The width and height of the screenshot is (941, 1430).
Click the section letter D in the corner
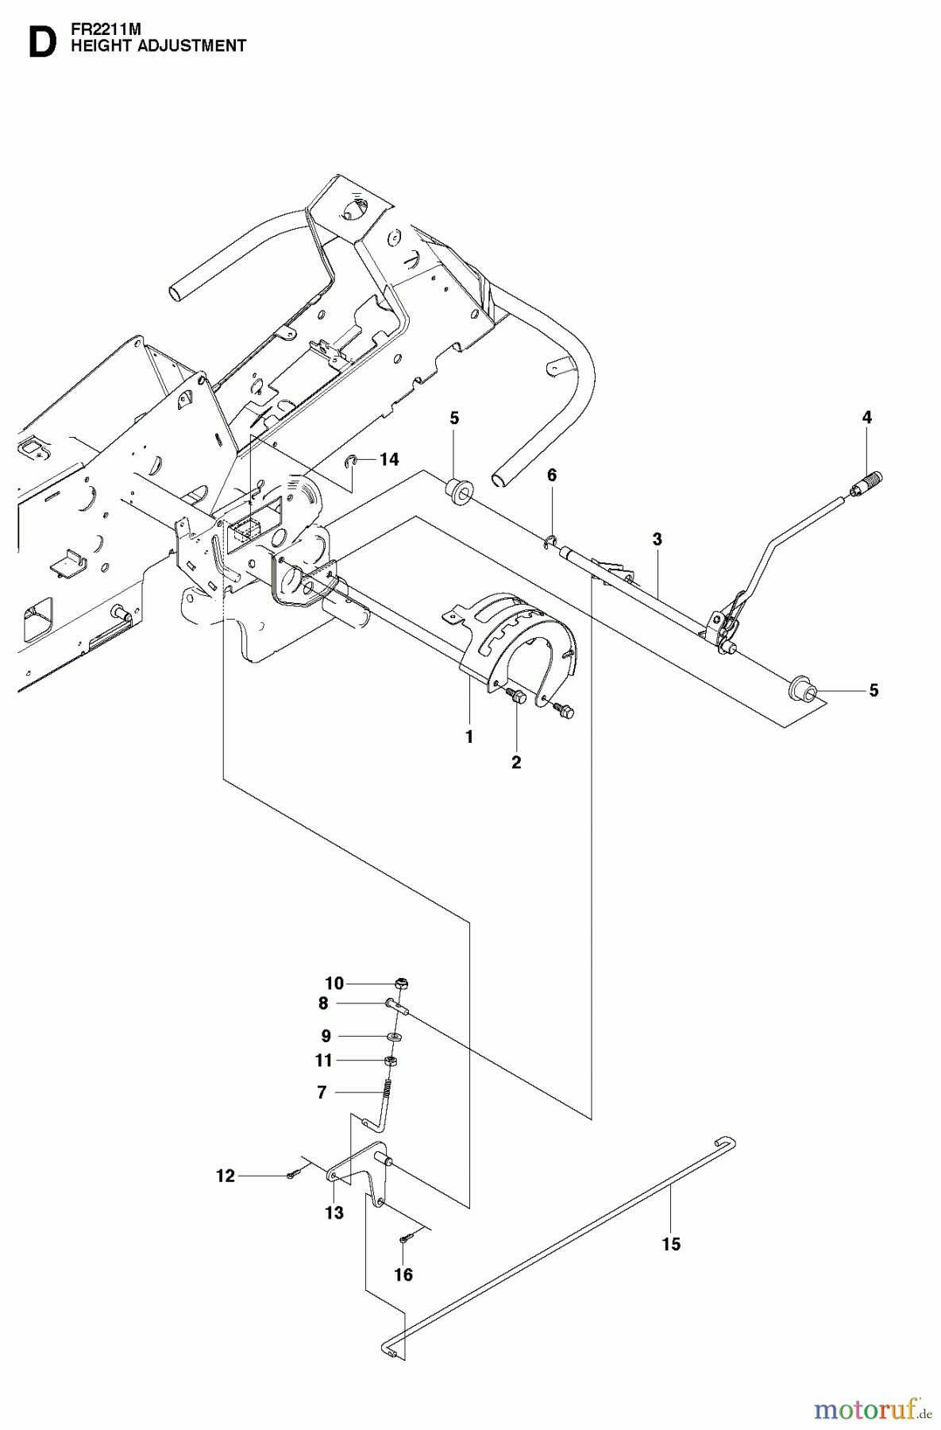click(x=41, y=43)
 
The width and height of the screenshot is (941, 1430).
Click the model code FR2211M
click(x=100, y=29)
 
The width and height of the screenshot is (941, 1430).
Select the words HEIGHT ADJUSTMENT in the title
click(x=158, y=46)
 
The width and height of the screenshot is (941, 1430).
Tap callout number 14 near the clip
click(x=389, y=459)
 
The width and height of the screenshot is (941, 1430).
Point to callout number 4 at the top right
click(x=866, y=417)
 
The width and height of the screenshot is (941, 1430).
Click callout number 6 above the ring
click(x=552, y=475)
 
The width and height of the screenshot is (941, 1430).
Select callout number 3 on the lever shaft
click(x=657, y=539)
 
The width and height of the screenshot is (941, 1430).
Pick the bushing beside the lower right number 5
click(x=798, y=689)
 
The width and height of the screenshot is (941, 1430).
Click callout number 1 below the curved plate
click(x=469, y=736)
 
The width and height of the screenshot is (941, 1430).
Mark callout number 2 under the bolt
click(x=516, y=763)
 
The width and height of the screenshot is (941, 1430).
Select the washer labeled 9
click(x=395, y=1037)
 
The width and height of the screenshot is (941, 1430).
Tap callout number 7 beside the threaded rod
click(x=322, y=1093)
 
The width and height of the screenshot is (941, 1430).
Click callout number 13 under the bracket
click(x=334, y=1213)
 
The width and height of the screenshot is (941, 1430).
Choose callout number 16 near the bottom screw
click(x=403, y=1274)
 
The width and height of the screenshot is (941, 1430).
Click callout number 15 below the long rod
click(x=671, y=1244)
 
